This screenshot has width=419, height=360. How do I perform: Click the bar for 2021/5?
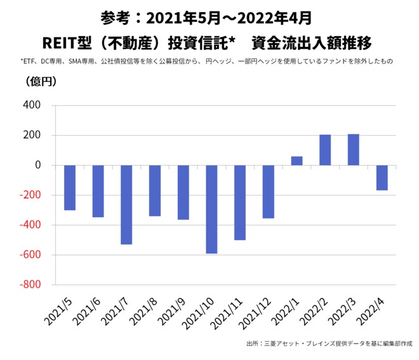(70, 187)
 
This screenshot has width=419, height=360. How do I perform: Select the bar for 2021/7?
(126, 204)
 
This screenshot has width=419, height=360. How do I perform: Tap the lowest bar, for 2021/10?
(211, 209)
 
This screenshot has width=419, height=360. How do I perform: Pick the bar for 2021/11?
(240, 203)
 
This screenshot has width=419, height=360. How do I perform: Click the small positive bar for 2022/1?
(296, 161)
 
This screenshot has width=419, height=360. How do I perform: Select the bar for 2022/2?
(325, 150)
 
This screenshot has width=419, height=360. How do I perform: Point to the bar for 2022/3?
(354, 150)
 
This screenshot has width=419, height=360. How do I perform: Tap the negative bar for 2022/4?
(382, 178)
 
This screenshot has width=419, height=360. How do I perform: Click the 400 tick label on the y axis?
(30, 105)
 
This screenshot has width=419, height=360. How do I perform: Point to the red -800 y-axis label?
(29, 285)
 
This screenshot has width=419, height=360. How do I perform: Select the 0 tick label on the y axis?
(37, 165)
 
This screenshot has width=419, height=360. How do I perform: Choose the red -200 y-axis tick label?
(29, 196)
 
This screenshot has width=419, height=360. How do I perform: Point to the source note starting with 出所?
(329, 344)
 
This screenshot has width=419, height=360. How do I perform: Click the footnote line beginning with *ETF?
(206, 62)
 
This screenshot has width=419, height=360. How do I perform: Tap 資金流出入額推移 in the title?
(311, 43)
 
